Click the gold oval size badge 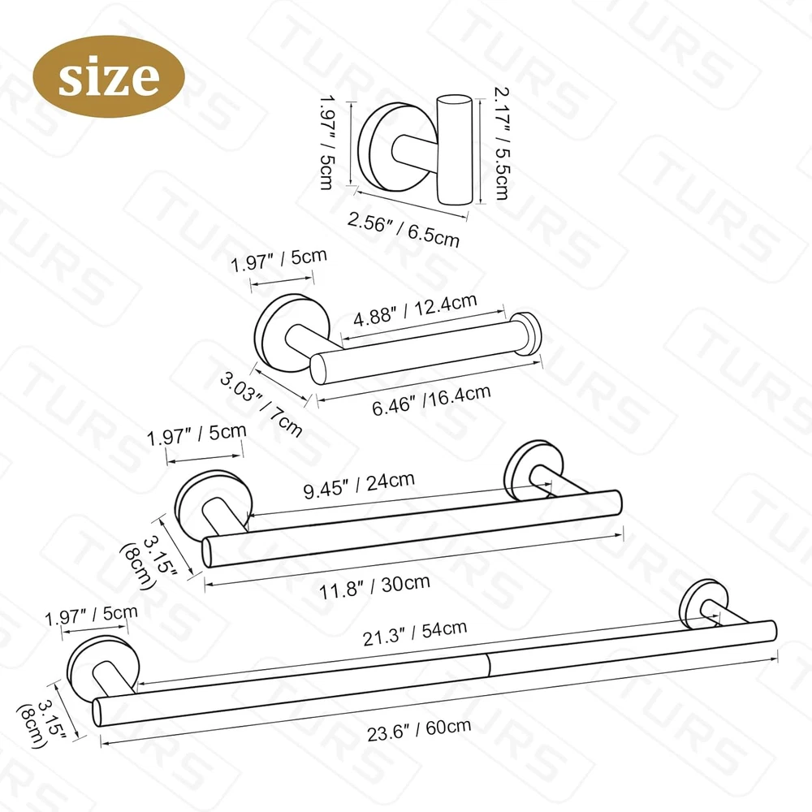(x=109, y=76)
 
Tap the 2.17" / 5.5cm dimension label (x=501, y=144)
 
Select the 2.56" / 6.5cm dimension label (x=403, y=230)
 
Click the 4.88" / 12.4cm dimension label (x=415, y=310)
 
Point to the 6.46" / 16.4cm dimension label (x=431, y=400)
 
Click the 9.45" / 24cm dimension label (x=359, y=486)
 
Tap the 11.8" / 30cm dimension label (x=374, y=586)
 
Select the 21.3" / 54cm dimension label (x=415, y=633)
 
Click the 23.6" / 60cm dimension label (x=419, y=730)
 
